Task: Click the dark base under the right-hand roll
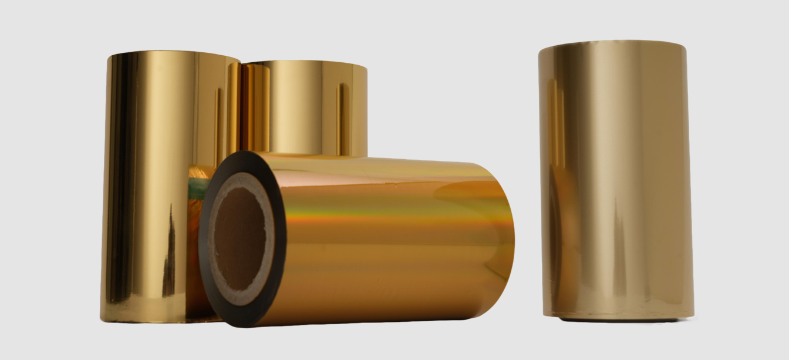tap(616, 319)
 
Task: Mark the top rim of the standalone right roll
tap(612, 43)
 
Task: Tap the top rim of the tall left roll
tap(173, 55)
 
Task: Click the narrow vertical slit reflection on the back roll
tap(343, 117)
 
